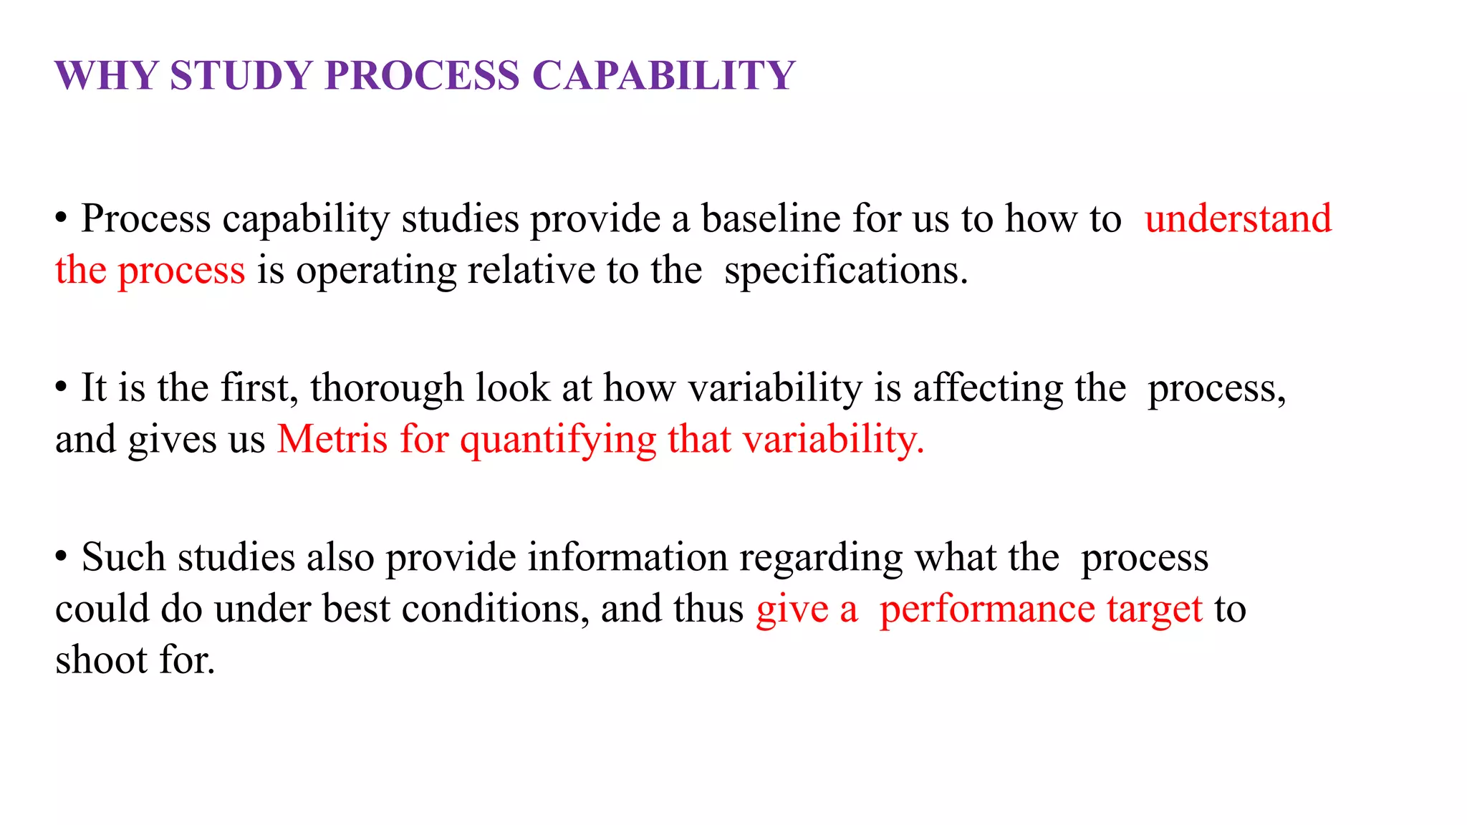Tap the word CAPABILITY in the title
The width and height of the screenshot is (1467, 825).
(663, 75)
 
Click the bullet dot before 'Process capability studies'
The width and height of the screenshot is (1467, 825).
(62, 218)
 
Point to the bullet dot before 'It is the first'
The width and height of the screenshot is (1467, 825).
(62, 387)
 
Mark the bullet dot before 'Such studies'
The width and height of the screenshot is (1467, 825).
(62, 556)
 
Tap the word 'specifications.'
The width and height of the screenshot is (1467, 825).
(846, 271)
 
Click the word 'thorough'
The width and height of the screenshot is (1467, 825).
(387, 388)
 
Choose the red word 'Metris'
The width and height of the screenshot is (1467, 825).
(332, 439)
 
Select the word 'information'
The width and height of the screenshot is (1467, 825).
(627, 557)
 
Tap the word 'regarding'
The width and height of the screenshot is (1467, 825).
(821, 559)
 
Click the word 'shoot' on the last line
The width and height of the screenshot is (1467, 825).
(101, 660)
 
